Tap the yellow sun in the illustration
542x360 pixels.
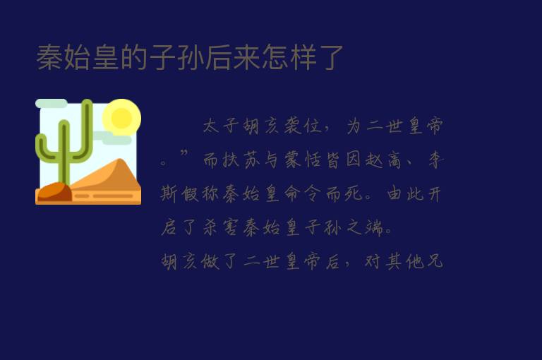(x=121, y=117)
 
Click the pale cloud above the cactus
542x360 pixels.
(x=51, y=104)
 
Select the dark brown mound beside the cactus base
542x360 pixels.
(x=53, y=193)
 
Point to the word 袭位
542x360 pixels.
(x=302, y=127)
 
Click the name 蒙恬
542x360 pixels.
(x=302, y=161)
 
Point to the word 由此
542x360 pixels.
(x=404, y=195)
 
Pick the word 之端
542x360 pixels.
(x=364, y=229)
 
